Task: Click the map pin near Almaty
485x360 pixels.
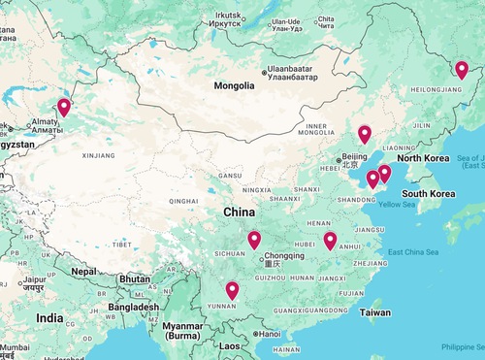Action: tap(64, 108)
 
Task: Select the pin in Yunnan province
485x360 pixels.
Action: tap(232, 290)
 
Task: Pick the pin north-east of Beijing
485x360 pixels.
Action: tap(365, 135)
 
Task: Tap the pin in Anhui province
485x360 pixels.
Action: tap(330, 241)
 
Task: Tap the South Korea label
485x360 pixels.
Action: tap(429, 194)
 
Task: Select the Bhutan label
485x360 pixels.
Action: tap(134, 278)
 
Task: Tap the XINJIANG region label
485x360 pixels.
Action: tap(99, 155)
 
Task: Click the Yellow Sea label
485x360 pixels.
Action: tap(397, 205)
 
